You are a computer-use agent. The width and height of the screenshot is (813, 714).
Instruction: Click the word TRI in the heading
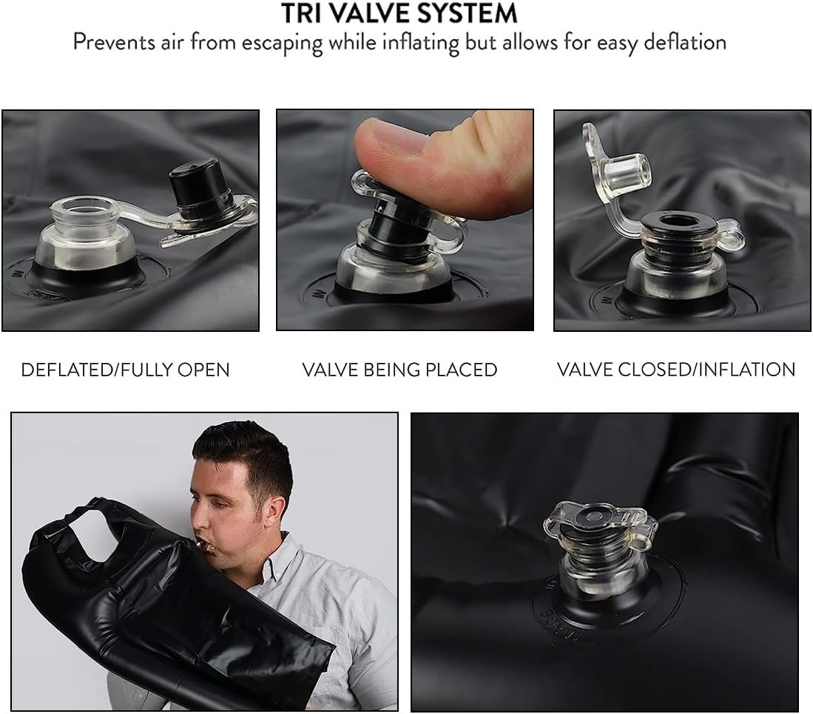pyautogui.click(x=300, y=13)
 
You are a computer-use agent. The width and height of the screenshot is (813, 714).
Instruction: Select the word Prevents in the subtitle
pyautogui.click(x=114, y=42)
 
